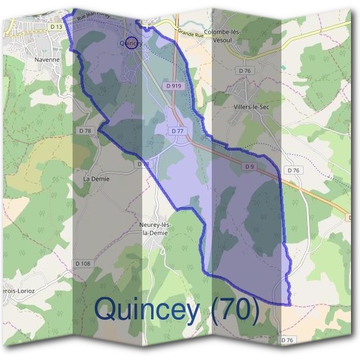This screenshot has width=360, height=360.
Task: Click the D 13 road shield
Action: click(56, 27)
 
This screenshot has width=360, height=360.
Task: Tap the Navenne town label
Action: click(48, 60)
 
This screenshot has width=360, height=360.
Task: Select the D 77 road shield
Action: click(177, 131)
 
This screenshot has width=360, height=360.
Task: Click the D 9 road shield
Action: click(250, 166)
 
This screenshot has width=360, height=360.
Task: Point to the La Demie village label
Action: click(97, 179)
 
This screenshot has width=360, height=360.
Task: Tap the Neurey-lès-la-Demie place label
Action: click(156, 229)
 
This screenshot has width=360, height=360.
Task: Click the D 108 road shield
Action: click(83, 263)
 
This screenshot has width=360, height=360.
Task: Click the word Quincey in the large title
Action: click(146, 310)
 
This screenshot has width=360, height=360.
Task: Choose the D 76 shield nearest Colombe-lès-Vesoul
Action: click(245, 71)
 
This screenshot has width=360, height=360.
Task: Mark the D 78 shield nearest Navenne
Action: click(85, 131)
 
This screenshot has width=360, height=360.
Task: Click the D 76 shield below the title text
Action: click(289, 340)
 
